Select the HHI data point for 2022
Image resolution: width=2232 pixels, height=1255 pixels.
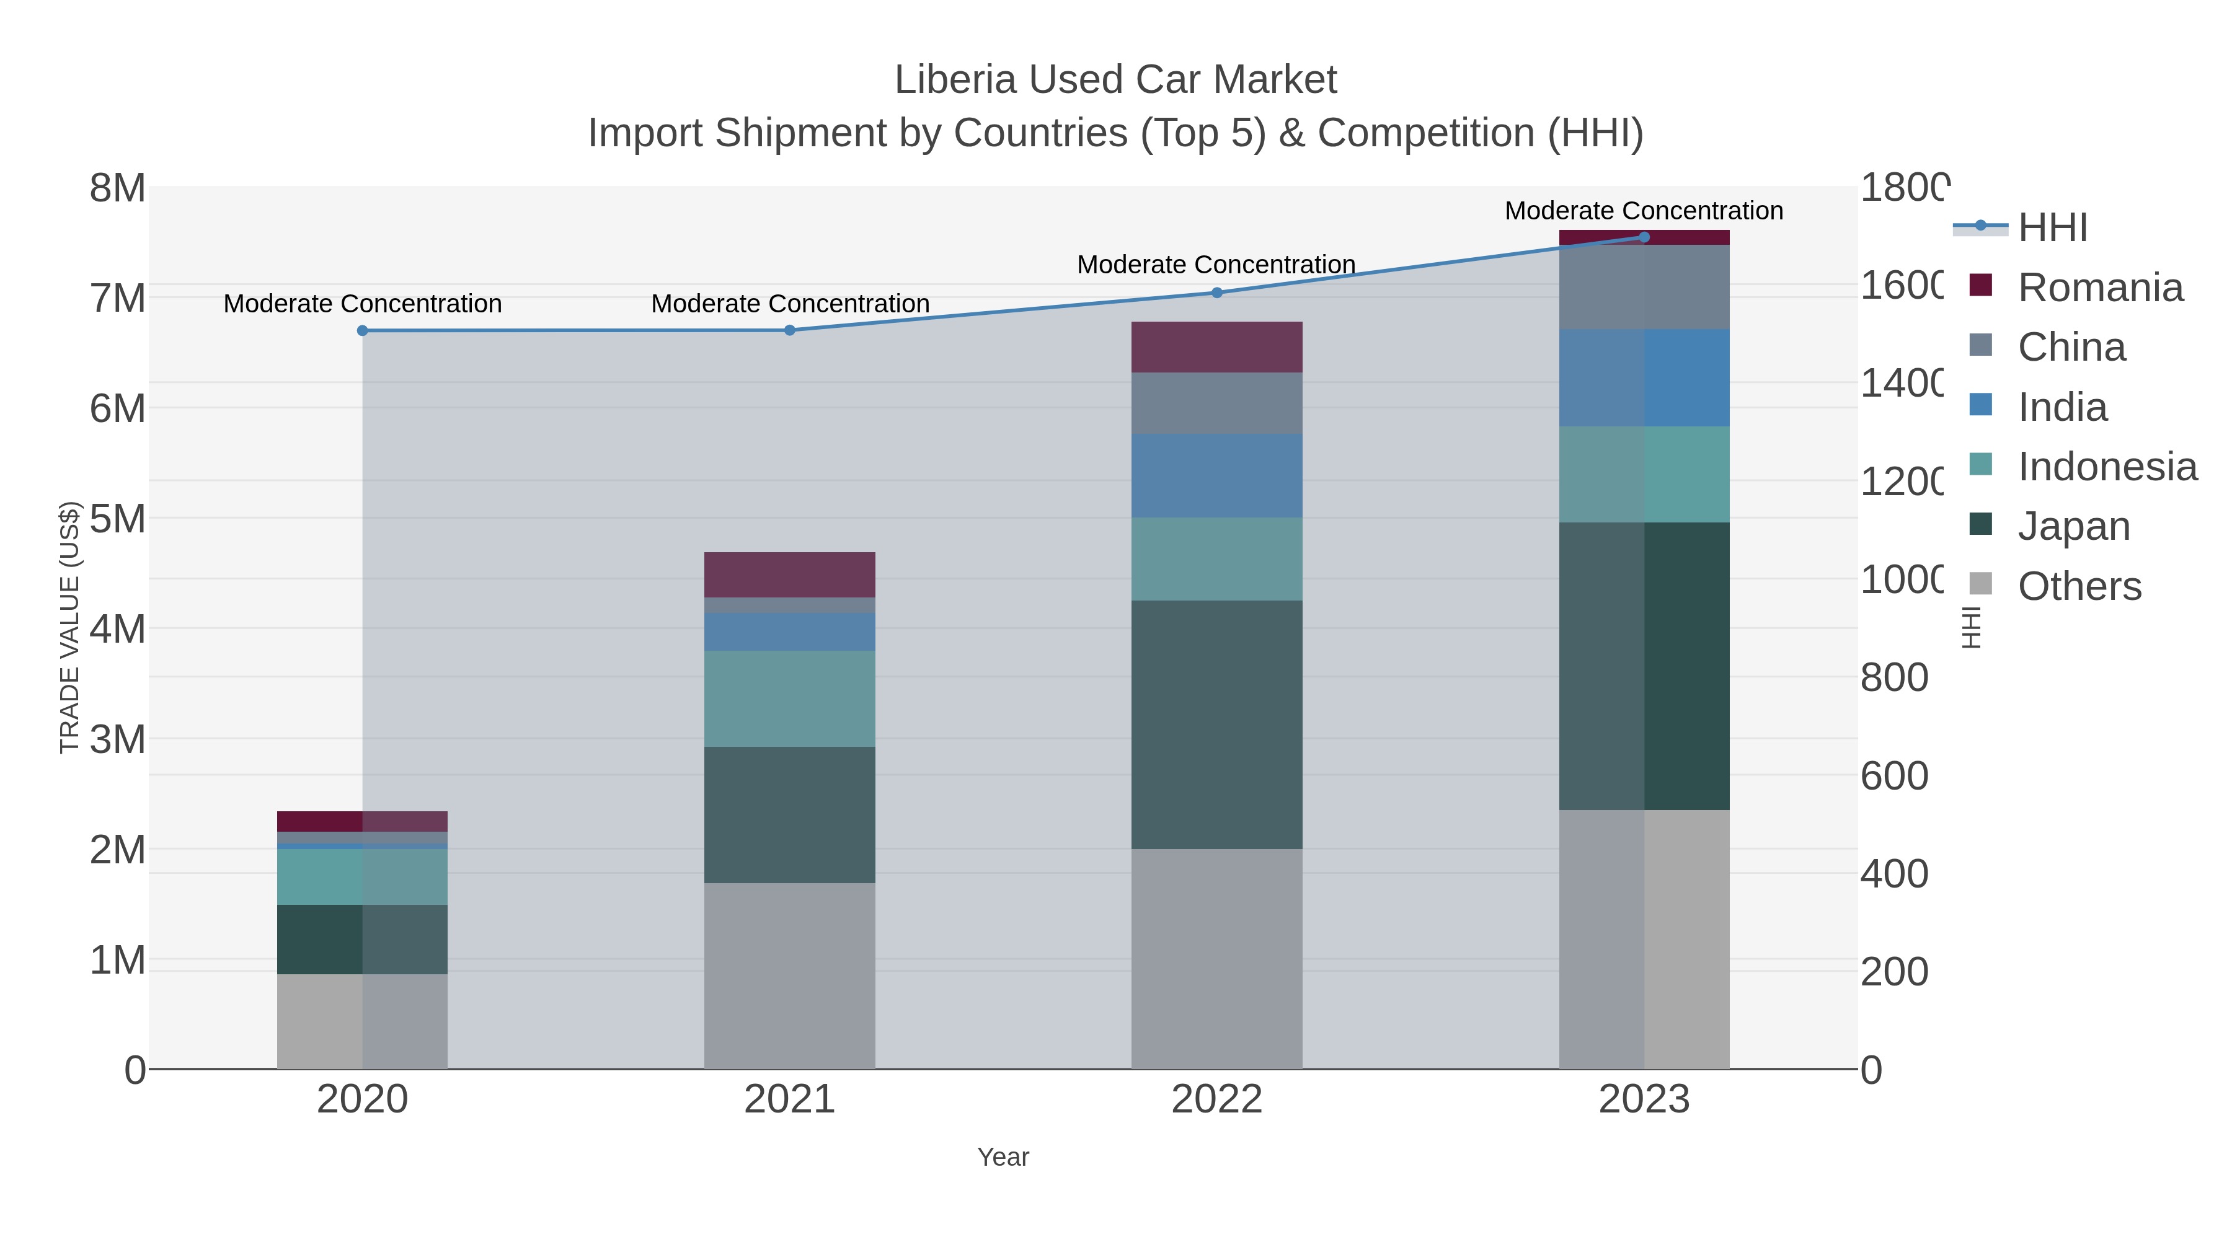(x=1216, y=293)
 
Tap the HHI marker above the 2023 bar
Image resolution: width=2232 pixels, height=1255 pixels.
(x=1644, y=237)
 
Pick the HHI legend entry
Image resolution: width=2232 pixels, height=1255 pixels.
(x=2052, y=228)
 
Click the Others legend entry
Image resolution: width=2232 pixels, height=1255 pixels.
(x=2079, y=586)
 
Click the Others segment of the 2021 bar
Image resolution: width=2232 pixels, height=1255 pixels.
(x=789, y=975)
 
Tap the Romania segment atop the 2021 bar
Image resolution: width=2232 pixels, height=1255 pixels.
(x=789, y=575)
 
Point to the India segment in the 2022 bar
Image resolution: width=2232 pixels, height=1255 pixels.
(x=1216, y=475)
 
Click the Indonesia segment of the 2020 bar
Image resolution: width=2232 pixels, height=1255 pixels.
(x=362, y=876)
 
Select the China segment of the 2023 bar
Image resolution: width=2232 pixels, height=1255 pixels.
(x=1644, y=287)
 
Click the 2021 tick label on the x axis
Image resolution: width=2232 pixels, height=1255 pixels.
(x=789, y=1099)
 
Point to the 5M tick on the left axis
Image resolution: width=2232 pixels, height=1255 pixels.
(x=118, y=519)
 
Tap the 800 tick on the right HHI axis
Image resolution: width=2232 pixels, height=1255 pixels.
(x=1893, y=677)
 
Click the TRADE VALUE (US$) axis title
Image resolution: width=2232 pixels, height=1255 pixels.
(x=69, y=627)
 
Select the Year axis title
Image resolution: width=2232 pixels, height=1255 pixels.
(x=1003, y=1157)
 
